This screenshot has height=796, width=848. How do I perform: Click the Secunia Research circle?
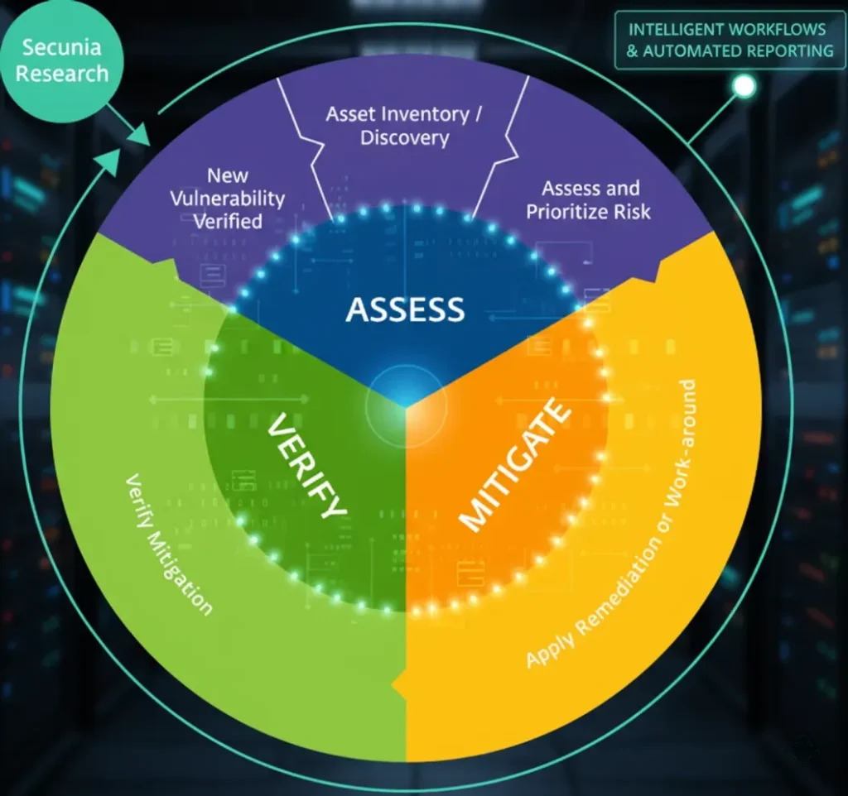62,60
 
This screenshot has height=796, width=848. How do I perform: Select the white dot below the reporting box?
744,85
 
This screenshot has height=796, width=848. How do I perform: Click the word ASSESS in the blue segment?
405,309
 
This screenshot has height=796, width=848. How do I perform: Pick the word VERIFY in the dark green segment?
306,467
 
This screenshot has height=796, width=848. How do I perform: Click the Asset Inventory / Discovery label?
403,125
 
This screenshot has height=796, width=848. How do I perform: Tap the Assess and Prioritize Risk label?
588,199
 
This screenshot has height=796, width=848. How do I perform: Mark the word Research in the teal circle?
62,73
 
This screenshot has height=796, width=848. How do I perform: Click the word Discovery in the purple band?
404,137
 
